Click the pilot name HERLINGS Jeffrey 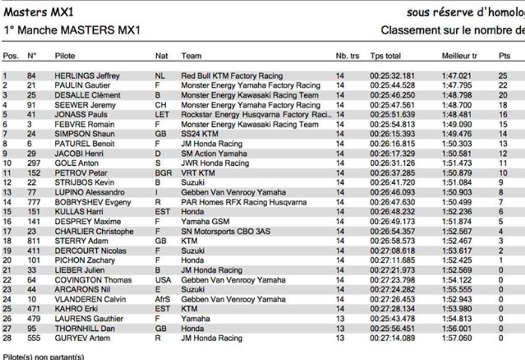(x=83, y=76)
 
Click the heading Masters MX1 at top (x=31, y=9)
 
